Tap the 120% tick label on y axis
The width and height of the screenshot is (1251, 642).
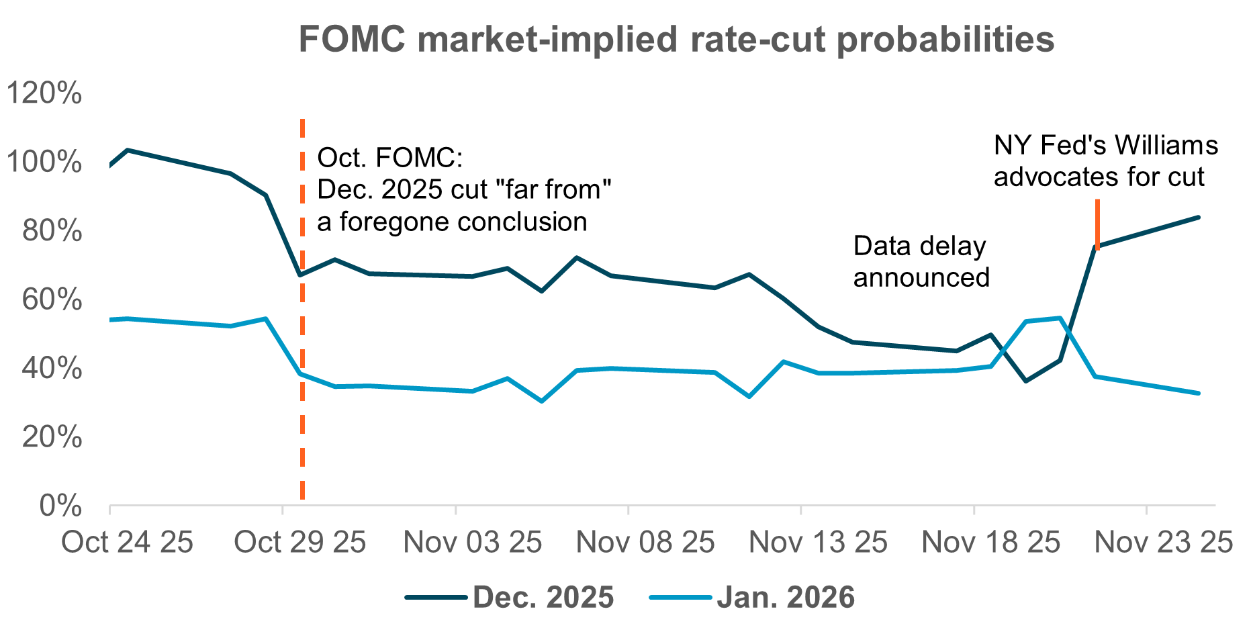(x=44, y=93)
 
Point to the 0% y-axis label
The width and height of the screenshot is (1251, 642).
(x=60, y=506)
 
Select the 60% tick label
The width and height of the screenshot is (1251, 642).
(x=52, y=300)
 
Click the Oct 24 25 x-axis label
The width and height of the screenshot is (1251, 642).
(x=127, y=542)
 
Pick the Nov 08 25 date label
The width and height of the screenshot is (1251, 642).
(x=645, y=542)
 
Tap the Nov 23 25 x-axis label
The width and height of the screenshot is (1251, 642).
(x=1164, y=542)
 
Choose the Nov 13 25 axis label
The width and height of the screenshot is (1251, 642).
(x=818, y=542)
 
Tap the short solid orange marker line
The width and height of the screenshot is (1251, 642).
(x=1097, y=224)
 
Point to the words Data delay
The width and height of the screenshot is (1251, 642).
(x=919, y=246)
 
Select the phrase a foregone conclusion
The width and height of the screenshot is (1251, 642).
(x=452, y=222)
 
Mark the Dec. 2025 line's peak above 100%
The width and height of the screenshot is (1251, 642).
(x=127, y=150)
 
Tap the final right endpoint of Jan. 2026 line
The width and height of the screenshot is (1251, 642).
(x=1199, y=394)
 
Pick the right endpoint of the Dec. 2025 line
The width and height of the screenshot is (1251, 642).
(x=1199, y=217)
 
